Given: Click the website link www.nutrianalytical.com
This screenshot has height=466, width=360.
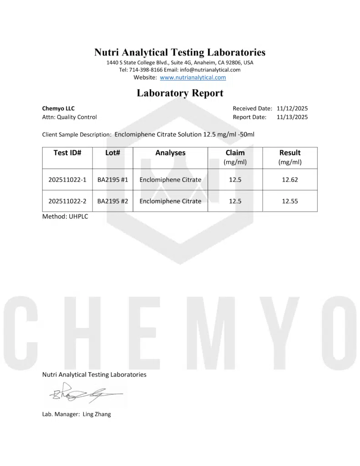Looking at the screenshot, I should pos(193,77).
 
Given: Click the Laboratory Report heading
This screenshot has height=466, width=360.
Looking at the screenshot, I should pos(180,93).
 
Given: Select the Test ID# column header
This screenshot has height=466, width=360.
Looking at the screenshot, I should pos(67,153).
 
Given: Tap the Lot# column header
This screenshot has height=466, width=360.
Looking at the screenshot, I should pos(112,153).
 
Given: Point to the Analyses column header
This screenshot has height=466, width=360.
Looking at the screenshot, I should pos(170,153).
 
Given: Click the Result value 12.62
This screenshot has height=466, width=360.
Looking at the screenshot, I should pos(289,180).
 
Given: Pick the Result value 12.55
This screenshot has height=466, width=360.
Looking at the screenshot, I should pos(289,201).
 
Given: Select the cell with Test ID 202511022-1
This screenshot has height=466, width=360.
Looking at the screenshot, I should pos(67,180).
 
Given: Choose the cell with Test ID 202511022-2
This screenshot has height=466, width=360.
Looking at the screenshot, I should pos(67,201).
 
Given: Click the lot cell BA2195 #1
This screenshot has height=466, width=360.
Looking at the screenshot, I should pos(112,180).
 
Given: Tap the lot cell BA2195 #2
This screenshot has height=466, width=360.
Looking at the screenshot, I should pos(112,201).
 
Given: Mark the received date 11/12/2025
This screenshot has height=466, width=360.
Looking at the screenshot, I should pos(292,108).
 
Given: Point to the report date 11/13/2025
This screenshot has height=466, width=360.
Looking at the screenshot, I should pos(292,117).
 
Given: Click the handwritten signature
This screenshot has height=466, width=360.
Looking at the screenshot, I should pos(82,392).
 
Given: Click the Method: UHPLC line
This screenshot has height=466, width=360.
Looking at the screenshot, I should pos(65,217).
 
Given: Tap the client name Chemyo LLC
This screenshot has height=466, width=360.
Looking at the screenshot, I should pos(58,108).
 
